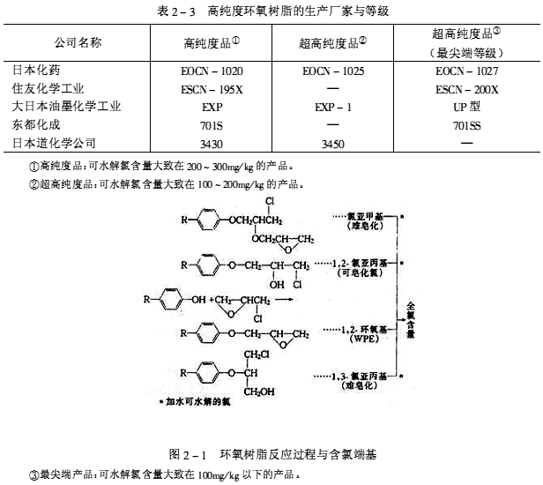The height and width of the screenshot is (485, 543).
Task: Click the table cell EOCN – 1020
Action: (x=211, y=70)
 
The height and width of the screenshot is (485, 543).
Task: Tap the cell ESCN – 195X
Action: (x=211, y=88)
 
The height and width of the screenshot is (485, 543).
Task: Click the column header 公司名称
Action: (x=78, y=42)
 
